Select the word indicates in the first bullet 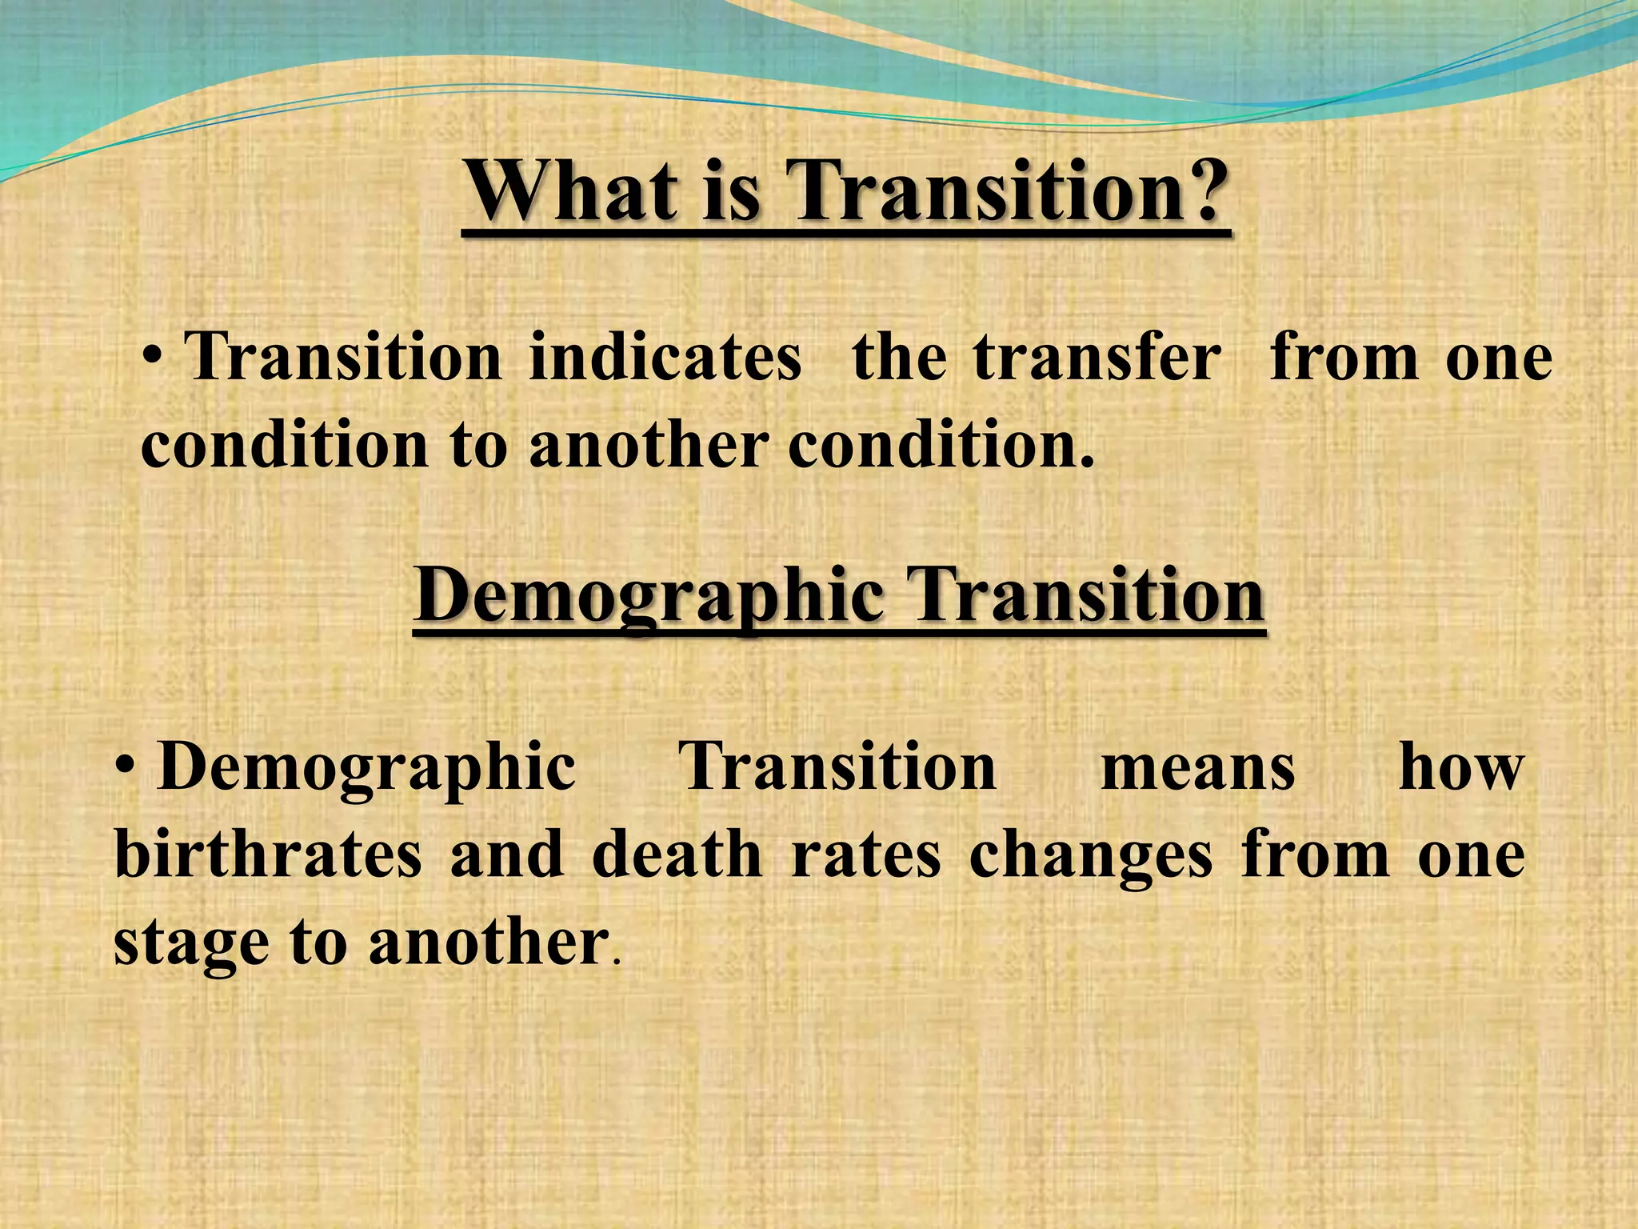coord(665,358)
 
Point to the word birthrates coord(268,855)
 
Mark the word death coord(677,855)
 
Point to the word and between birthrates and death coord(507,855)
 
